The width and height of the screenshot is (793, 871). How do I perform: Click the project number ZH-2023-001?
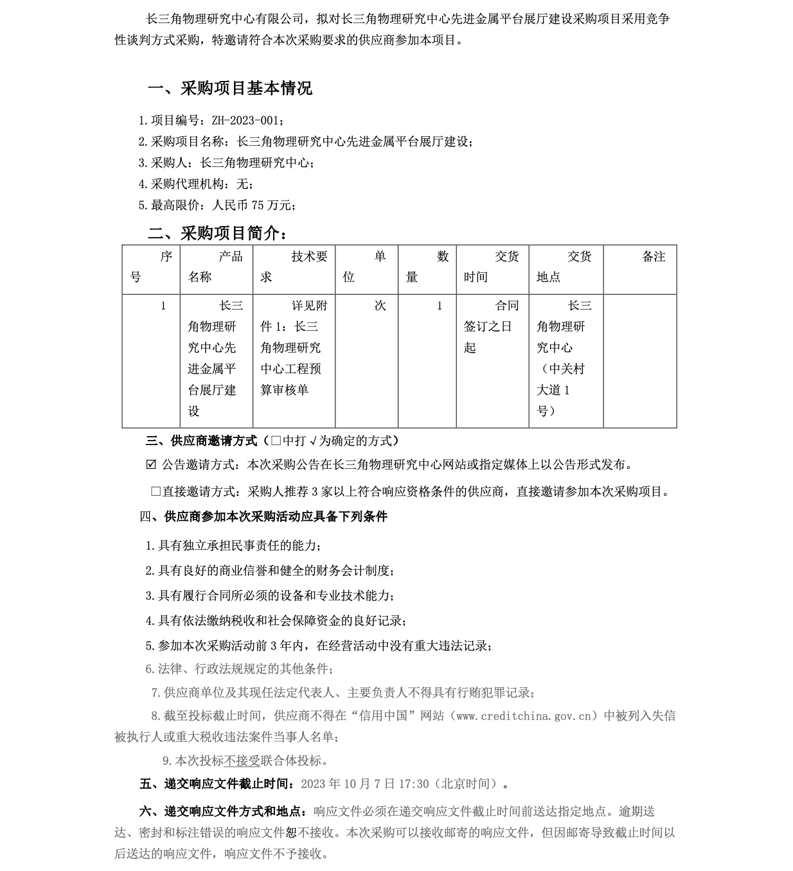[x=247, y=121]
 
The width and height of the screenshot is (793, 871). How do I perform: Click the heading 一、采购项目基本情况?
[x=230, y=88]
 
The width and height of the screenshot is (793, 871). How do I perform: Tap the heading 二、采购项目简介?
[x=217, y=233]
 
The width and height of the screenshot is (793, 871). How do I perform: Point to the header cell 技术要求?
[x=294, y=267]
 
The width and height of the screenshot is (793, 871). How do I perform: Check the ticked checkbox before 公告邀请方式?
[x=151, y=464]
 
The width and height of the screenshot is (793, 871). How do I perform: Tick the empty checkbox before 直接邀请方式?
[x=156, y=491]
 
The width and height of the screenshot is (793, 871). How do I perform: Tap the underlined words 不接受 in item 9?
[x=242, y=761]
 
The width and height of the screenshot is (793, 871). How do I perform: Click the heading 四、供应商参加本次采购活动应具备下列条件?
[x=263, y=516]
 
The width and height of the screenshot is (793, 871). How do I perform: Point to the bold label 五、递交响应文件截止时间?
[x=216, y=784]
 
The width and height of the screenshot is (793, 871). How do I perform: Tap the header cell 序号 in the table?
[x=151, y=267]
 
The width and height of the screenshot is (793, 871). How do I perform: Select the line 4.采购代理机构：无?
[x=196, y=184]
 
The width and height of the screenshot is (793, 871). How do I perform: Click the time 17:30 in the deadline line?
[x=414, y=784]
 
